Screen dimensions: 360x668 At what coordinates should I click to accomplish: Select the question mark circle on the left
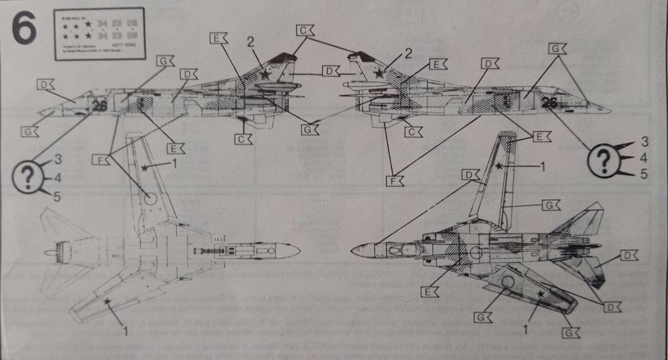pyautogui.click(x=27, y=178)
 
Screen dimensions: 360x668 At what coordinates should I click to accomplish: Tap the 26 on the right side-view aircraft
pyautogui.click(x=550, y=102)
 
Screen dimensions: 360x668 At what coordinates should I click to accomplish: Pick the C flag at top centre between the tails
pyautogui.click(x=305, y=31)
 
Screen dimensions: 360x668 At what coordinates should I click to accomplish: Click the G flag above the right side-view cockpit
pyautogui.click(x=556, y=48)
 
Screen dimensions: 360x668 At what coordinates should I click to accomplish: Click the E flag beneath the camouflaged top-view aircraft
pyautogui.click(x=430, y=291)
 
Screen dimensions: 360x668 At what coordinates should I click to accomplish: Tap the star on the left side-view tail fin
pyautogui.click(x=265, y=74)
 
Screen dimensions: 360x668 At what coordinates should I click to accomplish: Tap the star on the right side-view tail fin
pyautogui.click(x=381, y=72)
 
